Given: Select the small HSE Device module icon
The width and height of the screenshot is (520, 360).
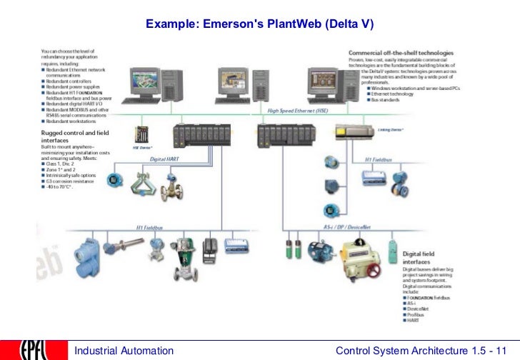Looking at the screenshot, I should pyautogui.click(x=141, y=135).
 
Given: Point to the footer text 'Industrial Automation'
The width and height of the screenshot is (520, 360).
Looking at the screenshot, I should pyautogui.click(x=124, y=350).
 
